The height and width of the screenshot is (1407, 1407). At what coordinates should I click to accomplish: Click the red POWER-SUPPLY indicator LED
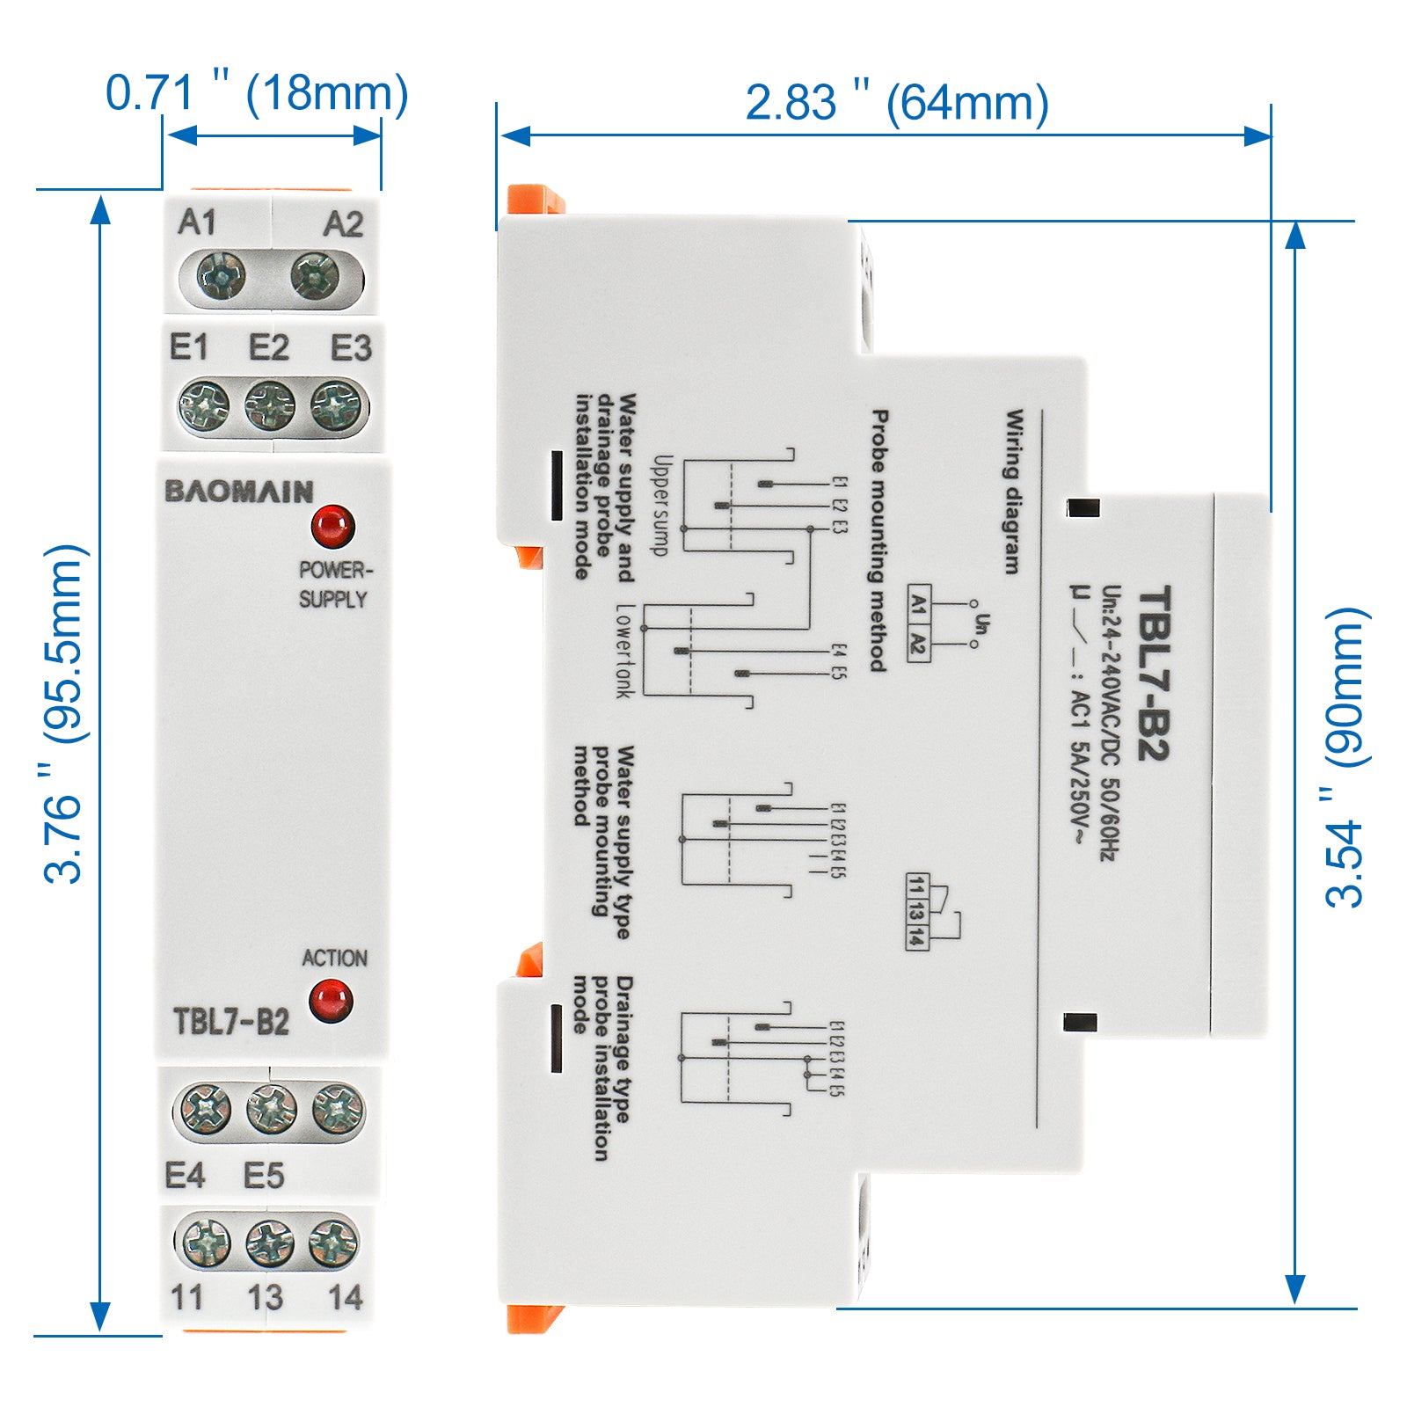[332, 526]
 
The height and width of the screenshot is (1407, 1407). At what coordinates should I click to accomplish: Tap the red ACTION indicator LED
[331, 1002]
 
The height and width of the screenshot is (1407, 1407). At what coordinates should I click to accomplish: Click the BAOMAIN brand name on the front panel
[238, 491]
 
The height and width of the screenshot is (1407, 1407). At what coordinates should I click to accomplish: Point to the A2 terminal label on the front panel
[343, 224]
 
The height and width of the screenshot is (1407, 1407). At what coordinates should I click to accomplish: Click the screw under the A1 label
[221, 275]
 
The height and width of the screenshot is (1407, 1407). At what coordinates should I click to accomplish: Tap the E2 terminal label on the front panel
[268, 348]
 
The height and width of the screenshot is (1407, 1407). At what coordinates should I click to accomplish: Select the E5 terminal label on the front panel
[264, 1176]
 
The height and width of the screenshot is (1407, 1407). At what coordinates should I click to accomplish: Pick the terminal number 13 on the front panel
[265, 1298]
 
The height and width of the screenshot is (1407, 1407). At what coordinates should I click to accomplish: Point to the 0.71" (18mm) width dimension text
[257, 93]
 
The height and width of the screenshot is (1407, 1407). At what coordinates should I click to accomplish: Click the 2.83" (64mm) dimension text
[897, 103]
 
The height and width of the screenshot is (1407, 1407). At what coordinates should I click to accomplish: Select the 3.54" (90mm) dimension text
[1346, 756]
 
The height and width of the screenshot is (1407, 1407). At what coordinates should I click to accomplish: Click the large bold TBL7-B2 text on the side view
[1153, 673]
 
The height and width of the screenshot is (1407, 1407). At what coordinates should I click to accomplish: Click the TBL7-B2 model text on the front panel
[231, 1022]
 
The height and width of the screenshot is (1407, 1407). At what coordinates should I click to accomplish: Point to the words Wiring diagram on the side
[1014, 492]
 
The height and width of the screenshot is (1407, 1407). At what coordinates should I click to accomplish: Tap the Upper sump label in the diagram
[662, 505]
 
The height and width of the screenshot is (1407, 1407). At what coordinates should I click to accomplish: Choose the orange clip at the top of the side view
[534, 199]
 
